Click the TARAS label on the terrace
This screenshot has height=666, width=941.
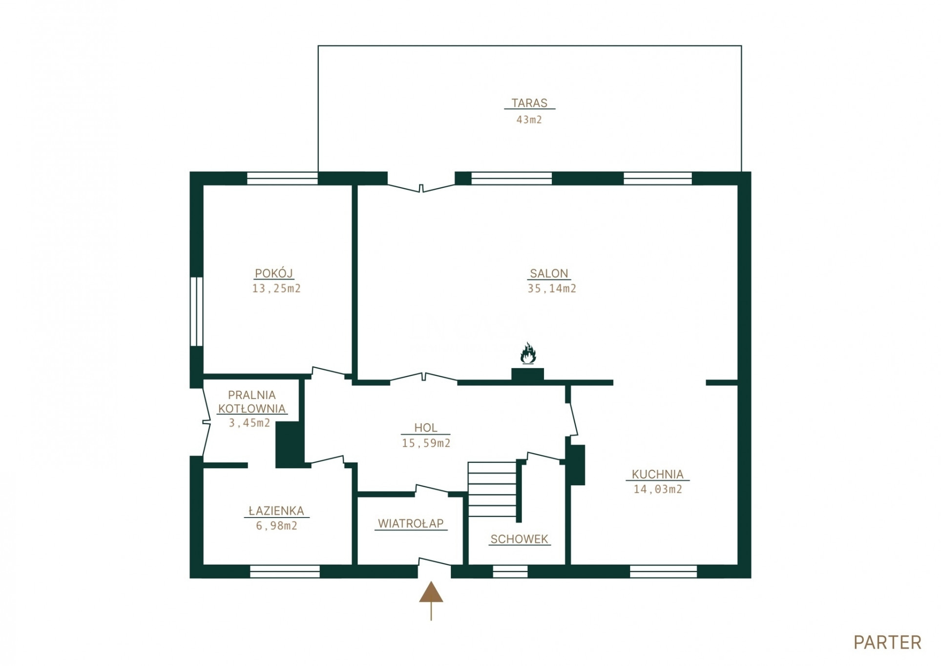point(529,103)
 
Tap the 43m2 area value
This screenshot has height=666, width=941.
point(529,120)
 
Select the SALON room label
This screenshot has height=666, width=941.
point(549,273)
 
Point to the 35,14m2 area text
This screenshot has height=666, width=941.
point(552,289)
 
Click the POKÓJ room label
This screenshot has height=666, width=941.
point(274,273)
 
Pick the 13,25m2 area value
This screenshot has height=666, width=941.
point(276,289)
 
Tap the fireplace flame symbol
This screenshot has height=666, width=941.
point(528,354)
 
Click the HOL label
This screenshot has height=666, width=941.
point(425,428)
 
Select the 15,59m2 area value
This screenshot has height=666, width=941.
point(426,443)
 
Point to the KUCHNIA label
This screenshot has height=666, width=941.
point(657,474)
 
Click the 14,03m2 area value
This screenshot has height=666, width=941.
point(658,489)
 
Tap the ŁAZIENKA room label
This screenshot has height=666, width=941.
point(276,511)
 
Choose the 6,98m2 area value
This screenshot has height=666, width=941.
point(276,526)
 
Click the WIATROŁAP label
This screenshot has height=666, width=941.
point(411,523)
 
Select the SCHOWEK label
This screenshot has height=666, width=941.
point(519,539)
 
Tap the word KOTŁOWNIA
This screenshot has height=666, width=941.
point(251,408)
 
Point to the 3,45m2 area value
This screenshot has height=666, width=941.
point(250,423)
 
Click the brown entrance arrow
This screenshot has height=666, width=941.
point(431,601)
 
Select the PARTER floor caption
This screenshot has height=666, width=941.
point(887,643)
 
